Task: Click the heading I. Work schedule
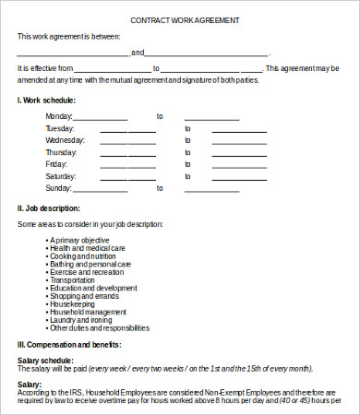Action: [47, 100]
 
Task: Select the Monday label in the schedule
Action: [58, 116]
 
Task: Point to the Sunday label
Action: [58, 188]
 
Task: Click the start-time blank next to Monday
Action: [100, 117]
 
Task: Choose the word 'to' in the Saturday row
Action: [187, 176]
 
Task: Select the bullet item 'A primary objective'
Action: [80, 240]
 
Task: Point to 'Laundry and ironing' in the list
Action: [83, 318]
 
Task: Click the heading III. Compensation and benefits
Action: [69, 344]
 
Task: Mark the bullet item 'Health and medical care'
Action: [87, 248]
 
